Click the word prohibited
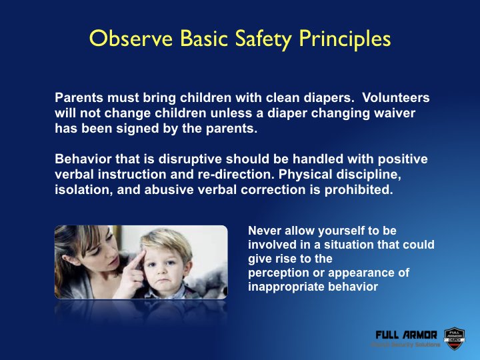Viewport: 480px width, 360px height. [x=365, y=191]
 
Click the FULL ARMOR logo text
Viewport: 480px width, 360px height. [x=407, y=334]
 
